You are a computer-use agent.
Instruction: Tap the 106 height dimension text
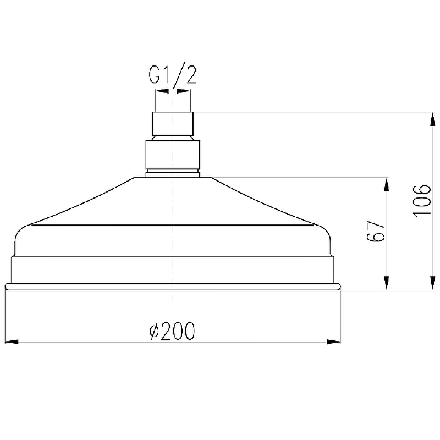[x=422, y=201]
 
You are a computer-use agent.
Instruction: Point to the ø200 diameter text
[x=172, y=331]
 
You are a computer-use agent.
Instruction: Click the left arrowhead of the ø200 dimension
[x=12, y=342]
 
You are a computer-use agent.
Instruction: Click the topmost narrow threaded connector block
[x=173, y=124]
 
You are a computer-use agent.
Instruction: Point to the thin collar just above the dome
[x=173, y=174]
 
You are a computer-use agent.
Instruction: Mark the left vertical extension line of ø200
[x=5, y=319]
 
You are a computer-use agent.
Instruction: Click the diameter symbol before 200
[x=155, y=332]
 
